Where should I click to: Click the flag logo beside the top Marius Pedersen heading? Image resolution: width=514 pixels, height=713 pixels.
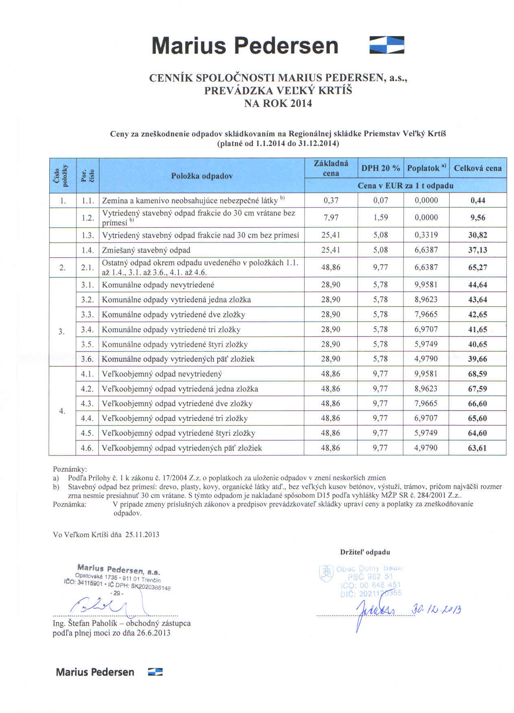point(386,45)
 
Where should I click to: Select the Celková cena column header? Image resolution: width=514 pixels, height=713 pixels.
point(477,168)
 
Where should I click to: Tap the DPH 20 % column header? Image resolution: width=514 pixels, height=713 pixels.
point(381,168)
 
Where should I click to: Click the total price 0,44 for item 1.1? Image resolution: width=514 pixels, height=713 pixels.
point(477,200)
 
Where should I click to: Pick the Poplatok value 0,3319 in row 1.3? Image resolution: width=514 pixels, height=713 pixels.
point(426,235)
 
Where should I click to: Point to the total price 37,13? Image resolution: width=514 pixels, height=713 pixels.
point(477,250)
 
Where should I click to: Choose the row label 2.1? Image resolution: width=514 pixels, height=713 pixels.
point(87,267)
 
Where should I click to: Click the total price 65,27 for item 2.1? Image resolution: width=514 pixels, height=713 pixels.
point(477,267)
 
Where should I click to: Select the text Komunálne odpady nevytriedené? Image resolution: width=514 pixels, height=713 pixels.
point(158,285)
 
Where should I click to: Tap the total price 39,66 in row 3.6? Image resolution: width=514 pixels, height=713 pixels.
point(477,359)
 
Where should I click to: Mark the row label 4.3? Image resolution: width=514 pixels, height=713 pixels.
point(87,403)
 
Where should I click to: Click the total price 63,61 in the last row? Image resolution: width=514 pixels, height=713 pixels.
point(477,448)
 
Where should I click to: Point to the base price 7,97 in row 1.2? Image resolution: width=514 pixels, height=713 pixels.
point(331,217)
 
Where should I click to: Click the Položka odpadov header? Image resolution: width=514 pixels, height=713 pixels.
point(202,176)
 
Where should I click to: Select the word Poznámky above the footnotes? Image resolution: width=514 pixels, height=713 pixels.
point(70,469)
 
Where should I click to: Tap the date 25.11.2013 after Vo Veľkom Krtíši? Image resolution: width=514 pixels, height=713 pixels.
point(142,534)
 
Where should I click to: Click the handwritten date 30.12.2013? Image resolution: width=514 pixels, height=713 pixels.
point(436,609)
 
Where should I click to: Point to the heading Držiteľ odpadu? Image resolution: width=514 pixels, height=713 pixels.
point(365,552)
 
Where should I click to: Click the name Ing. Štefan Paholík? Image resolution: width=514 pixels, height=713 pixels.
point(85,623)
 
